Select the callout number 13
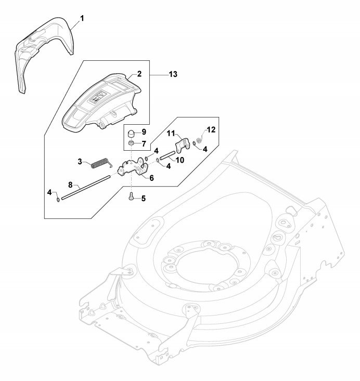point(173,74)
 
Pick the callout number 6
point(151,178)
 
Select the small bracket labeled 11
point(182,143)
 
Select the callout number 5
point(144,198)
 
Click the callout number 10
point(179,160)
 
